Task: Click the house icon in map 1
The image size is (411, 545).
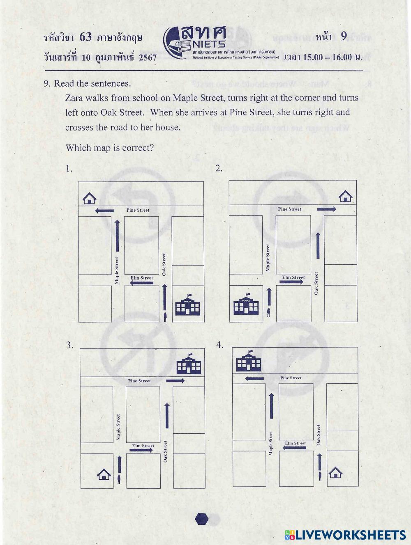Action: pos(89,199)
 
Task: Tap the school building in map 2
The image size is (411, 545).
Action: pos(246,305)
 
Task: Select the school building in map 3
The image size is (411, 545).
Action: pos(189,364)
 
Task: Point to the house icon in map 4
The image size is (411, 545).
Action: pos(335,473)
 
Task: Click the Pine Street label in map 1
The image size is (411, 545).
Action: pos(138,210)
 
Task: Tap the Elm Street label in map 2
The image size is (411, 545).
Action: pos(293,277)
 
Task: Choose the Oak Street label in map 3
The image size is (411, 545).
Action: pos(166,451)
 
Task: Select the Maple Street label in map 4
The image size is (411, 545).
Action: pos(271,443)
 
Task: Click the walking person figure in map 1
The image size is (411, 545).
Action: pos(165,316)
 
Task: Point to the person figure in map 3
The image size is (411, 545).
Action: pos(119,479)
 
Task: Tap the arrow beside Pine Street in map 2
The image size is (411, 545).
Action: pos(326,209)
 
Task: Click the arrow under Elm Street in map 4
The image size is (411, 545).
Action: pos(294,448)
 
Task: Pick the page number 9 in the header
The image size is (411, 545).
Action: pos(344,37)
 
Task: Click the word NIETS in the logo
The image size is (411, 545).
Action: pos(209,44)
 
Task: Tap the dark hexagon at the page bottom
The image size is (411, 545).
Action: pos(201,519)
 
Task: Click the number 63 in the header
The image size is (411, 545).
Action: pos(85,37)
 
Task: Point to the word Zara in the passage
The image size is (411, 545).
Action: pos(74,98)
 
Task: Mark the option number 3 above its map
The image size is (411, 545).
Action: pos(69,345)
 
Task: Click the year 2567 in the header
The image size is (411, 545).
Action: pos(148,57)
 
